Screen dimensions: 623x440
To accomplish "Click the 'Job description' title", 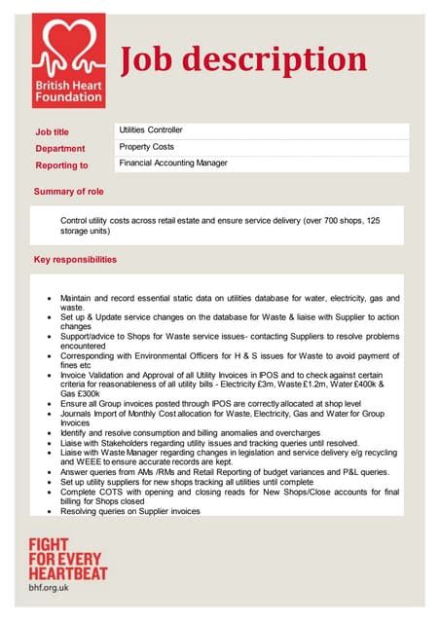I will pyautogui.click(x=243, y=60).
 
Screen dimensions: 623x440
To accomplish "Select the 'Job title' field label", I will pyautogui.click(x=53, y=132).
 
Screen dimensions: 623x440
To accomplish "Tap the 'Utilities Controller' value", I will pyautogui.click(x=151, y=129).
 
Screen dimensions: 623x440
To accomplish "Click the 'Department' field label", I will pyautogui.click(x=59, y=149).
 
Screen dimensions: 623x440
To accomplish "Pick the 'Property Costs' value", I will pyautogui.click(x=147, y=146).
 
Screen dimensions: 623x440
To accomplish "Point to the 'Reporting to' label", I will pyautogui.click(x=61, y=165).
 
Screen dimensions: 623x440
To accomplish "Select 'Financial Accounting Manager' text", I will pyautogui.click(x=173, y=164).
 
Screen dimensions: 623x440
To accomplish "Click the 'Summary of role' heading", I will pyautogui.click(x=75, y=192).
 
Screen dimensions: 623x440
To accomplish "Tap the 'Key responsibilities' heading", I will pyautogui.click(x=75, y=260).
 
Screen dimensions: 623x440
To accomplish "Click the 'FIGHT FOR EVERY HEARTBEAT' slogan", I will pyautogui.click(x=68, y=560).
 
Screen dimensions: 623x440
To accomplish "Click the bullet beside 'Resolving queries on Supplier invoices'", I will pyautogui.click(x=50, y=511).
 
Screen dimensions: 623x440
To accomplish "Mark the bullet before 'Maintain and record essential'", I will pyautogui.click(x=50, y=297).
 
